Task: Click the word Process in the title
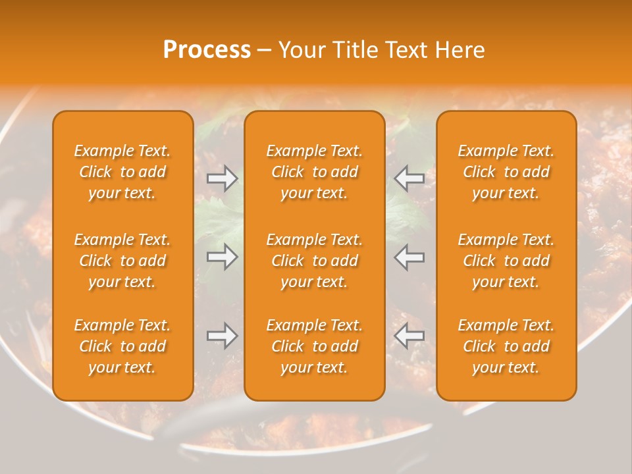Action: point(207,50)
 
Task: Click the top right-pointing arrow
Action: point(223,178)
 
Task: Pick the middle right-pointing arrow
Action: point(223,257)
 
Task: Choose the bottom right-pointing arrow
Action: point(223,336)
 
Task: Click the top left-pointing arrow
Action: point(409,178)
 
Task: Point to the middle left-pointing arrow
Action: point(409,257)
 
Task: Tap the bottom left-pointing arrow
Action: point(409,336)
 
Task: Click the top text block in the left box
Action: point(122,172)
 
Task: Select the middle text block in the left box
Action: point(122,261)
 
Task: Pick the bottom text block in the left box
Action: point(122,346)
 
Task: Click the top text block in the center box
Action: point(314,172)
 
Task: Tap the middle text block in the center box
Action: point(314,261)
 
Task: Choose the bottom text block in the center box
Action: point(314,346)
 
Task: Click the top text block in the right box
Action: point(506,172)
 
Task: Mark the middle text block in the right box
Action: point(506,261)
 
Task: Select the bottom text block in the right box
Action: point(506,346)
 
